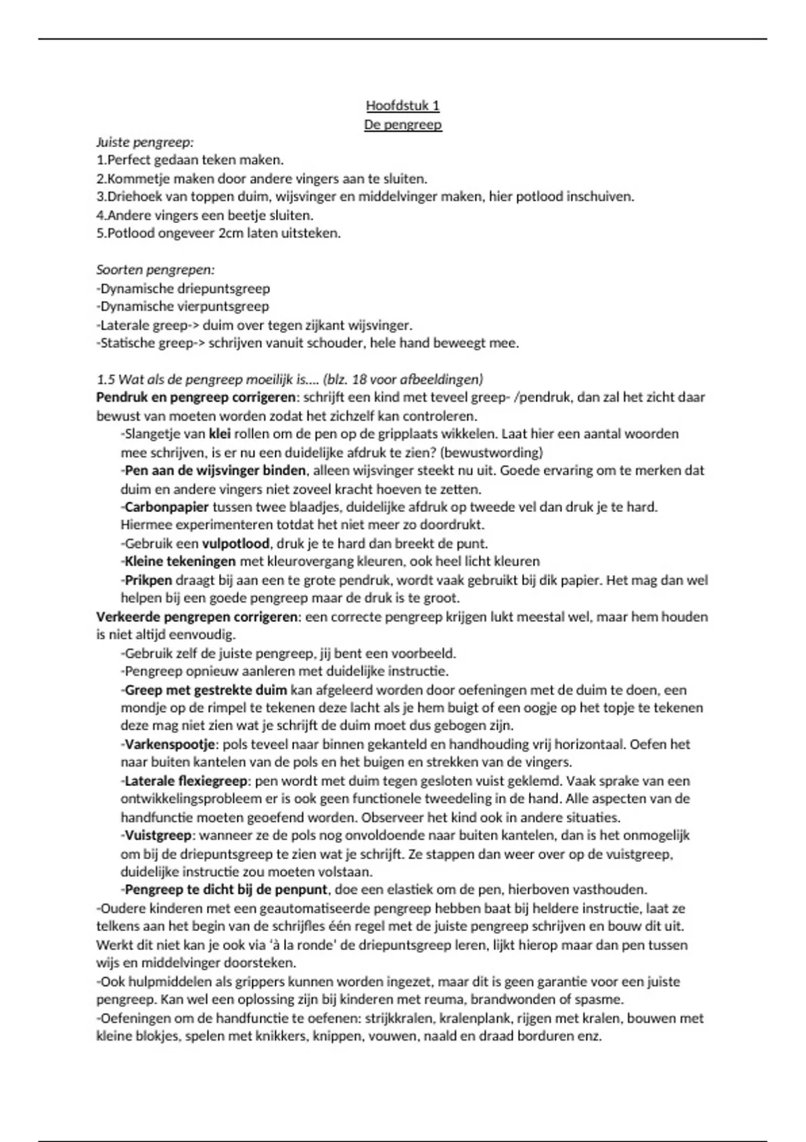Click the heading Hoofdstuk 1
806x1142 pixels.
pos(402,105)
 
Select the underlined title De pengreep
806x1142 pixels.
pos(402,124)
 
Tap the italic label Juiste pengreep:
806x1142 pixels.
pos(144,142)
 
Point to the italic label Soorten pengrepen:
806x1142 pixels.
pos(155,270)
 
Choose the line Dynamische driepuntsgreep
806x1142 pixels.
pos(183,289)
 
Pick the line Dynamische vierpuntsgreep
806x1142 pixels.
pos(183,307)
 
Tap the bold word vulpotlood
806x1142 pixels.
pos(236,543)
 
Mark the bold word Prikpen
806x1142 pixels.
pos(148,580)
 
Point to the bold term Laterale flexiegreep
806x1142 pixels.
pos(186,781)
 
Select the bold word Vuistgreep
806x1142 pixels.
pos(159,836)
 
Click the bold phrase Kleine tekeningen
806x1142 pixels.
pos(180,562)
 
